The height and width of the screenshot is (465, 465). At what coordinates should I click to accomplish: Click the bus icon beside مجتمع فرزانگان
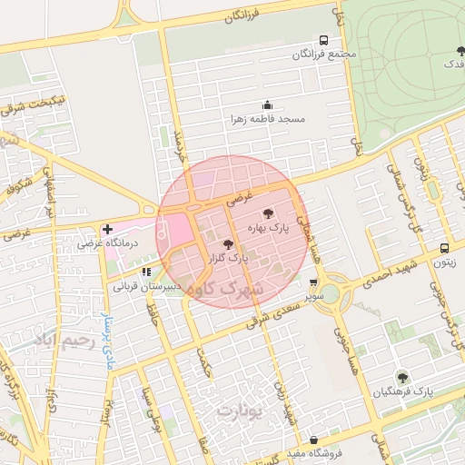coord(323,40)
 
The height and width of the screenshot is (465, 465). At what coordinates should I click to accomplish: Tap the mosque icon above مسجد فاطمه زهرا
coord(266,105)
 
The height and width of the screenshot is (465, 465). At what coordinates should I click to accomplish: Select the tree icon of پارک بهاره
coord(267,213)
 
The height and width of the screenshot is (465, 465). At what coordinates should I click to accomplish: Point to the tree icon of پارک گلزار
coord(227,243)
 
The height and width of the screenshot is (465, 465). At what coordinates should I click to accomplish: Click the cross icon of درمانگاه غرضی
coord(108,229)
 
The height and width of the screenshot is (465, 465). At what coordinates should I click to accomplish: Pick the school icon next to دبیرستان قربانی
coord(145,271)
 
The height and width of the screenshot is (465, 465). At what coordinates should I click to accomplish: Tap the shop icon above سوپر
coord(313,282)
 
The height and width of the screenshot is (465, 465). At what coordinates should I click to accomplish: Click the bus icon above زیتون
coord(444,248)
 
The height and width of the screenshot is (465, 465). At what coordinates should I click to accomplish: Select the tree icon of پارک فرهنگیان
coord(401,377)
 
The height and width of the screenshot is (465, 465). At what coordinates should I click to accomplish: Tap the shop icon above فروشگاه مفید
coord(313,440)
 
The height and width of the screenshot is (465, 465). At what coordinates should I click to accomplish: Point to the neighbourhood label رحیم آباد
coord(63,341)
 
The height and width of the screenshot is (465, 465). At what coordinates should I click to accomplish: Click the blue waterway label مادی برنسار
coord(104,337)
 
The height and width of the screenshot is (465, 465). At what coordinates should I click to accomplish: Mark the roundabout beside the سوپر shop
coord(328,293)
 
